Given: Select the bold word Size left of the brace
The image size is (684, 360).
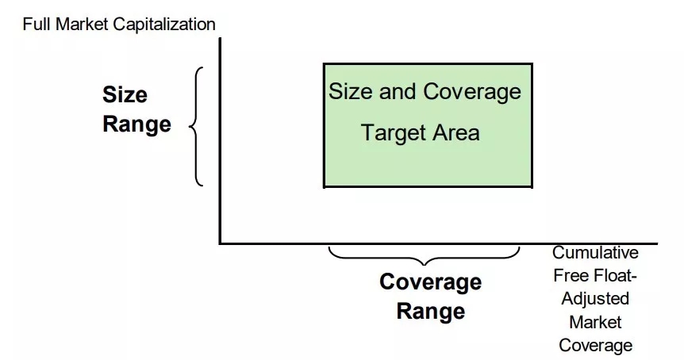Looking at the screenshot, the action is [x=125, y=94].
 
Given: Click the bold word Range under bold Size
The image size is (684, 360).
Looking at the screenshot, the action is [x=136, y=124].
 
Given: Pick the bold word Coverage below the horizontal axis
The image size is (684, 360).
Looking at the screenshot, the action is [x=431, y=282].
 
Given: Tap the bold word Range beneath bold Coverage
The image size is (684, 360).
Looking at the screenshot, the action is [x=431, y=311].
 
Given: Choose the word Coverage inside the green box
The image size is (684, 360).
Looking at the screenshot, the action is [x=472, y=92].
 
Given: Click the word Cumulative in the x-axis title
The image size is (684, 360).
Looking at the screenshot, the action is [x=595, y=252].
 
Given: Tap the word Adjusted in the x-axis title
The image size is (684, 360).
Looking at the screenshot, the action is [x=595, y=299].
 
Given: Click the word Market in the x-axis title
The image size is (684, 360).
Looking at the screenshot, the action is [x=595, y=322].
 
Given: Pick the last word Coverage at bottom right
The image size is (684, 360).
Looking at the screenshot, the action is [x=595, y=346].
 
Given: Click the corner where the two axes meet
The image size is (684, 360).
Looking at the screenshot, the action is [x=221, y=243].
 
